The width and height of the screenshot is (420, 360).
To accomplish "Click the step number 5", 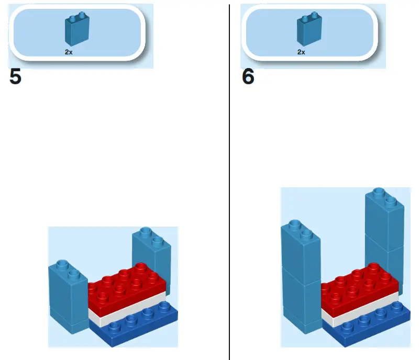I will pyautogui.click(x=16, y=77).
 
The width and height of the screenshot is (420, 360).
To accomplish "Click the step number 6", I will pyautogui.click(x=248, y=77).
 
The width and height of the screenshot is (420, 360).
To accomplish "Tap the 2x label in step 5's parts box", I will pyautogui.click(x=69, y=52).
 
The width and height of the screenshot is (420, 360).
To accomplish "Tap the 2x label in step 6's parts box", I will pyautogui.click(x=301, y=52).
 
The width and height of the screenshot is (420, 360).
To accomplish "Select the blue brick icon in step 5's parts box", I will pyautogui.click(x=76, y=30).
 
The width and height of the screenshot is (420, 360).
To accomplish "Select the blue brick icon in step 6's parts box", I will pyautogui.click(x=309, y=30).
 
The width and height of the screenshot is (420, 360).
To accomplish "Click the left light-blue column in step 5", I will pyautogui.click(x=67, y=298).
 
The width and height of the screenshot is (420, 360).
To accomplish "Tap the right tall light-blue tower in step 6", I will pyautogui.click(x=384, y=230).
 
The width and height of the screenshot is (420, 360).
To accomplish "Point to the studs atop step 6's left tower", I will pyautogui.click(x=300, y=230).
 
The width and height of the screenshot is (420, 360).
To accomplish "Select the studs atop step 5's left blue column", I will pyautogui.click(x=67, y=267).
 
